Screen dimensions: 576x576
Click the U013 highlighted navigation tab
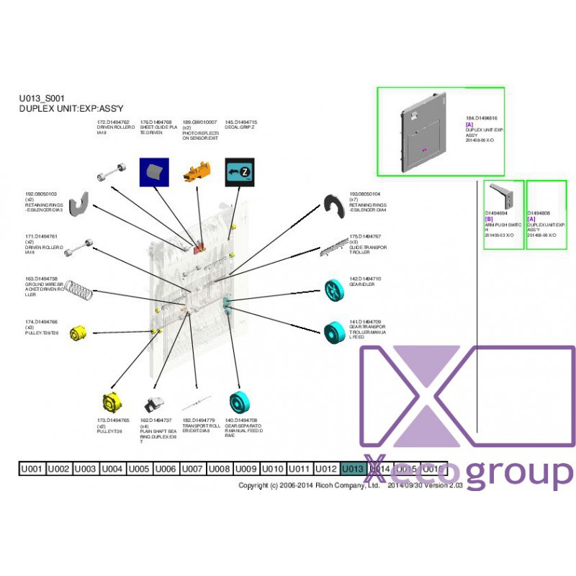point(353,469)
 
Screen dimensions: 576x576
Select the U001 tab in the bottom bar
point(32,469)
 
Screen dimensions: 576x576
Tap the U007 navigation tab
point(192,469)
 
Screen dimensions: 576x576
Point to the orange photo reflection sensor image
point(198,172)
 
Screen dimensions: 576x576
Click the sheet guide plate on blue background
point(154,172)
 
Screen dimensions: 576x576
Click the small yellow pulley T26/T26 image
point(78,333)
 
